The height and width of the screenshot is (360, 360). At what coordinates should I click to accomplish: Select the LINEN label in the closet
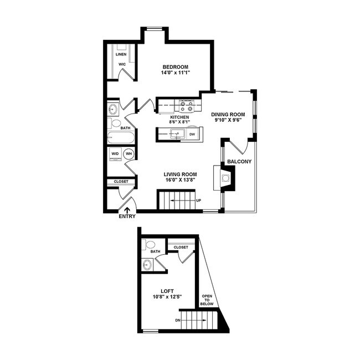(121, 55)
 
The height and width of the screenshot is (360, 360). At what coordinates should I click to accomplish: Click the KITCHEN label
(179, 117)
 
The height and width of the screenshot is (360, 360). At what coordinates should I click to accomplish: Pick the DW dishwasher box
(192, 134)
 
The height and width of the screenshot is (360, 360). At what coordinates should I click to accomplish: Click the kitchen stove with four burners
(186, 105)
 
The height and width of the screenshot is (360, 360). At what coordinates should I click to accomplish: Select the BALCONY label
(239, 162)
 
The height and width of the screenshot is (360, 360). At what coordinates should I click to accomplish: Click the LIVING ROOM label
(177, 174)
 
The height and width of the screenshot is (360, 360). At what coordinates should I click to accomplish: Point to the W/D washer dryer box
(115, 154)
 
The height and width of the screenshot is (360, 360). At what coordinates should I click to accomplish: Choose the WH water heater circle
(128, 154)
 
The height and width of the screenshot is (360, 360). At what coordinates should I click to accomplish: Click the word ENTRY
(127, 217)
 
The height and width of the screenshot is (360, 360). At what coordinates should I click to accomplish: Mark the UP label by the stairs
(198, 200)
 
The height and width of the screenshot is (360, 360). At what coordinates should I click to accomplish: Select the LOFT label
(167, 290)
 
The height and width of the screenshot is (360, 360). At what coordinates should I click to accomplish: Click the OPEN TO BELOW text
(206, 300)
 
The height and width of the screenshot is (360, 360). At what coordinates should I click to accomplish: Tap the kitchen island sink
(177, 133)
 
